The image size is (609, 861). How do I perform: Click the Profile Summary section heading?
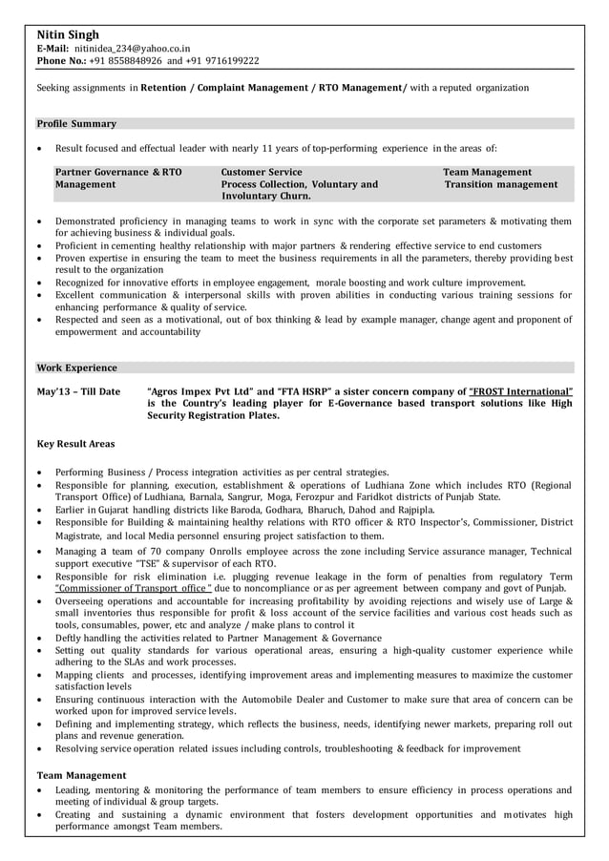(76, 124)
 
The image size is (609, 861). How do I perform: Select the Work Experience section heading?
(76, 367)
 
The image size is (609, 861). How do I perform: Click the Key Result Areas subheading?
(75, 444)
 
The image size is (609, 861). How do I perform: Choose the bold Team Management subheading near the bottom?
(81, 775)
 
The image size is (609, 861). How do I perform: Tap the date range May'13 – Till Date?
(78, 391)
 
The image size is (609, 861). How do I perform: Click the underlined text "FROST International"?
(521, 391)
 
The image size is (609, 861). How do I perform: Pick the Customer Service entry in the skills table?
(261, 173)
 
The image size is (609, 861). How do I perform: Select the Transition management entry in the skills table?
(501, 184)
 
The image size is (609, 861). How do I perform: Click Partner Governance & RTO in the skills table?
(118, 173)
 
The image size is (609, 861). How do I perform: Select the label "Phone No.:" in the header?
(60, 60)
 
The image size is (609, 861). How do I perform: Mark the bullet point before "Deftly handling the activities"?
(38, 639)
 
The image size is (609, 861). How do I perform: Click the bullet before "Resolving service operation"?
(38, 749)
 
